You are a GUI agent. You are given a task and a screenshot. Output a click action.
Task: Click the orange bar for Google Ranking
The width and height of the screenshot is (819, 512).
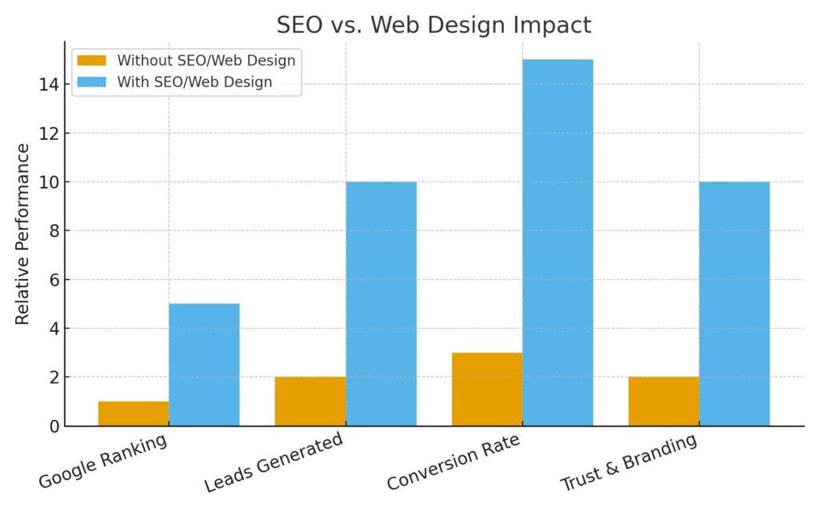tap(133, 414)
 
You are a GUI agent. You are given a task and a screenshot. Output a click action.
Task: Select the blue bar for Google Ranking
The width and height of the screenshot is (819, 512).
tap(204, 365)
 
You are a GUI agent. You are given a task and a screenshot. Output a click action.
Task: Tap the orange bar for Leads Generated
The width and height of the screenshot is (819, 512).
tap(310, 402)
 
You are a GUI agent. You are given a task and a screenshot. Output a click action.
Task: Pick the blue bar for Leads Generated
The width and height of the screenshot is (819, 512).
tap(381, 304)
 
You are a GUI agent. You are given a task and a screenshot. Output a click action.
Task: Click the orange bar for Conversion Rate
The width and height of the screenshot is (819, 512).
tap(487, 390)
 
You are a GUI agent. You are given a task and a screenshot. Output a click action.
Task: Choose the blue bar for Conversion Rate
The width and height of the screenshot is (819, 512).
tap(557, 242)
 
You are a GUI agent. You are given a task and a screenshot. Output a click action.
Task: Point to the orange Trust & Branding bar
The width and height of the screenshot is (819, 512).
tap(664, 402)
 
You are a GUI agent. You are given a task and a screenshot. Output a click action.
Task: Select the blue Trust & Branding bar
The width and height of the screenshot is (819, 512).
tap(734, 304)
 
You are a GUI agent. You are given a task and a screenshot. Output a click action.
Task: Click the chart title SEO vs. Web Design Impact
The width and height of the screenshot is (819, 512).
tap(433, 25)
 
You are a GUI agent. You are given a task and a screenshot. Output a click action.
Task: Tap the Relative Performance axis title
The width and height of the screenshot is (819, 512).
tap(22, 234)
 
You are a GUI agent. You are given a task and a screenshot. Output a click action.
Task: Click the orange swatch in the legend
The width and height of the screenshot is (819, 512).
tap(91, 60)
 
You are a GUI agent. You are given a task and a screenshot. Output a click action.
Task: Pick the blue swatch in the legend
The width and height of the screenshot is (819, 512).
tap(91, 82)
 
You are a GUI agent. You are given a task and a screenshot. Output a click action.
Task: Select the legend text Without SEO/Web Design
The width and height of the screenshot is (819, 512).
tap(206, 60)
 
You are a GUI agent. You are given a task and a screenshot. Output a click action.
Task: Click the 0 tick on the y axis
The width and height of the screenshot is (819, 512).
tap(54, 426)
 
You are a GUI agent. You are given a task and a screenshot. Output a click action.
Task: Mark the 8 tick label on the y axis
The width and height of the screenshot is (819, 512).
tap(54, 231)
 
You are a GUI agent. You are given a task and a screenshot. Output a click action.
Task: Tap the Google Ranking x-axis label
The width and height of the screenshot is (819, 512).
tap(103, 461)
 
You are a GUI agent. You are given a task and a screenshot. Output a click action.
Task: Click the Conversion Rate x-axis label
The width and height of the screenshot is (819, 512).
tap(453, 462)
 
